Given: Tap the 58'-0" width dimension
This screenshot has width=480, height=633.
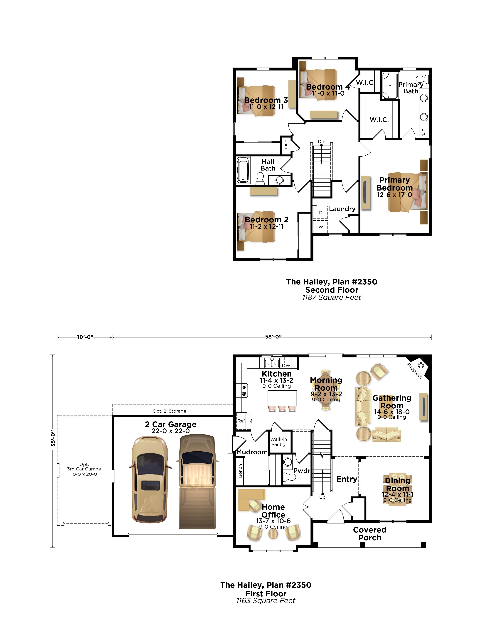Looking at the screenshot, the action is [x=273, y=337].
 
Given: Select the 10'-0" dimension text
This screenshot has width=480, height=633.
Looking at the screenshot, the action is [x=86, y=337].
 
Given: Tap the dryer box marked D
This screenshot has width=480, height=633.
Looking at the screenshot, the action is [x=320, y=213].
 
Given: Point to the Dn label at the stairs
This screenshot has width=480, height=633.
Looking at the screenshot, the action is [x=321, y=141].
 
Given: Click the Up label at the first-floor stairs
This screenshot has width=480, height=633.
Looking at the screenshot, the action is [x=322, y=497].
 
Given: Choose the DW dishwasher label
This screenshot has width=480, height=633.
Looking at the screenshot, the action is [x=286, y=365].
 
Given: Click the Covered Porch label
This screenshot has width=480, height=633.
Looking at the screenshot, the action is [x=370, y=534].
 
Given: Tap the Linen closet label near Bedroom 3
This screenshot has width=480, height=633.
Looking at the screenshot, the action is [x=286, y=145].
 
